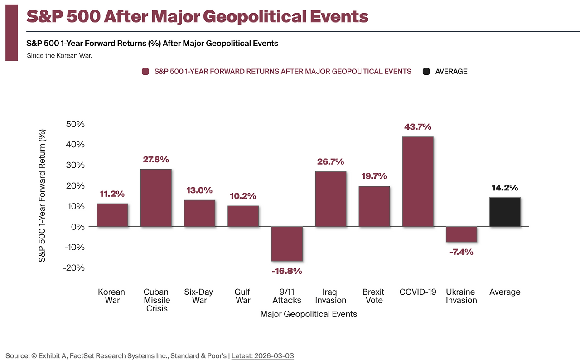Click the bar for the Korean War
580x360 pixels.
point(112,215)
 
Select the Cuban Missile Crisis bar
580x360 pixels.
point(156,198)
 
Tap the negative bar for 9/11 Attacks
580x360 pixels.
point(287,244)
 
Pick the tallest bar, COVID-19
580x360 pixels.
point(418,181)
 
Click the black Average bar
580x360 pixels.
point(505,212)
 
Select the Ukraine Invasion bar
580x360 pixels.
point(461,234)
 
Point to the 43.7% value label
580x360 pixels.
point(418,127)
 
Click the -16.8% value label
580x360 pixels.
point(287,271)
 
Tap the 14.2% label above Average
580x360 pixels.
point(505,188)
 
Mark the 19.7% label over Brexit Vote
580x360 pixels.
point(374,176)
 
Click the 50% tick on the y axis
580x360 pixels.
point(75,124)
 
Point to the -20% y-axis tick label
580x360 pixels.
point(74,268)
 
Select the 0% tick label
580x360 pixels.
point(78,227)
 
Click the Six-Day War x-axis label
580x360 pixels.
point(199,296)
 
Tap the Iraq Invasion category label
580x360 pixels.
point(330,296)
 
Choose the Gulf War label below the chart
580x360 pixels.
point(243,296)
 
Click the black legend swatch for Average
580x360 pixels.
point(426,71)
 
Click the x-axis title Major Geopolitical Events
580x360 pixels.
point(309,314)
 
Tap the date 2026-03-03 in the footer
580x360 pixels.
point(274,356)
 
